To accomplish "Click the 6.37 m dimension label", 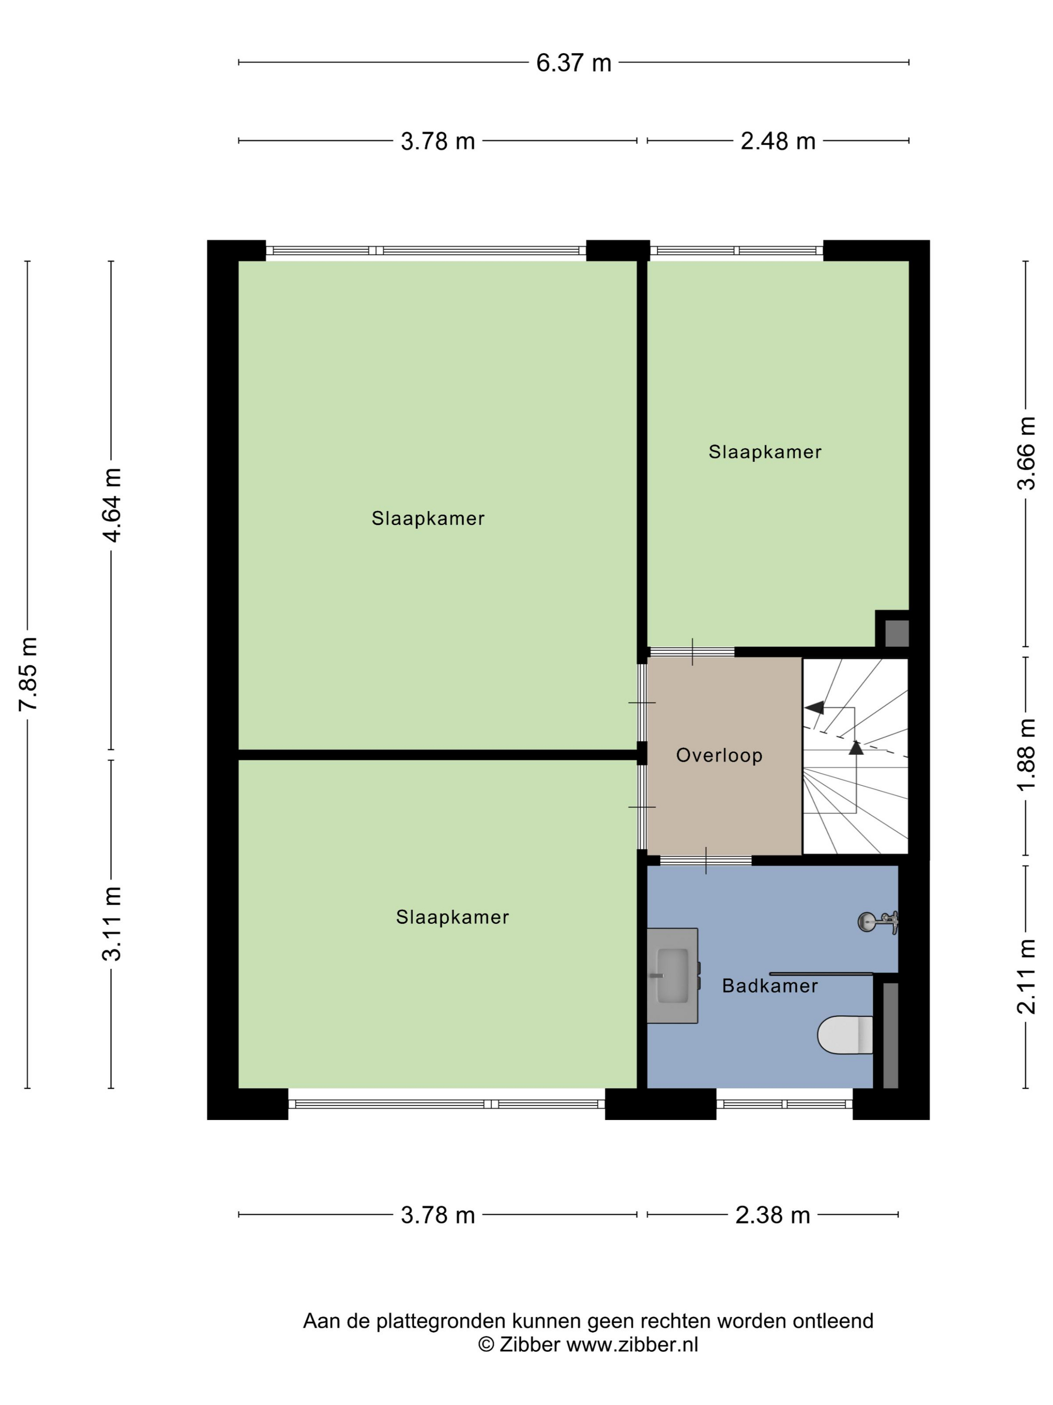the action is click(573, 63).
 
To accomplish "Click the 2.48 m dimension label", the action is click(778, 141).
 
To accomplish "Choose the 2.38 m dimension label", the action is click(773, 1215).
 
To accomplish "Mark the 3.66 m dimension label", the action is click(1026, 453).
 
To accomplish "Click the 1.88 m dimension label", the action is click(1026, 755).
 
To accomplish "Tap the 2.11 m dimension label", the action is click(1026, 976).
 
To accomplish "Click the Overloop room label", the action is click(719, 755).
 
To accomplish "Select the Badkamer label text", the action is click(770, 986).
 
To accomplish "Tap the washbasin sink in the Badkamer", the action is click(673, 975).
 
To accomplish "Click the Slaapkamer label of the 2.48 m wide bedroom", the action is click(765, 452).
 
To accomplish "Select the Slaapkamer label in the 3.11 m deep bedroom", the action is click(453, 917).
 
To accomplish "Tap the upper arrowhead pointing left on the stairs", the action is click(814, 708).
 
